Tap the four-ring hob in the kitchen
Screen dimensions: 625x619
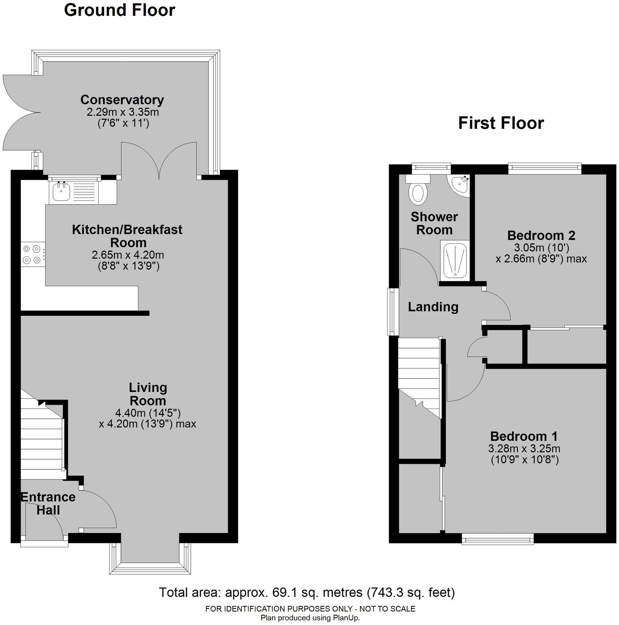(x=32, y=254)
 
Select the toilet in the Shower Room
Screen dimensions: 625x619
(x=418, y=193)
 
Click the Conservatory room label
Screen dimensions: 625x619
(x=122, y=100)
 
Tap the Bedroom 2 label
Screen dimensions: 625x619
(x=541, y=236)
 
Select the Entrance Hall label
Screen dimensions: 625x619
(x=48, y=503)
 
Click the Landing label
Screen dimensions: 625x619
(x=433, y=307)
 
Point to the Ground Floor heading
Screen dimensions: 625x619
(x=119, y=10)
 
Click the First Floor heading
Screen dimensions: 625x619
(x=501, y=123)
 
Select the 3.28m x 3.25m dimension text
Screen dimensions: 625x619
(x=524, y=448)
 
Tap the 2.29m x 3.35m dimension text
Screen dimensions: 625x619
(x=123, y=112)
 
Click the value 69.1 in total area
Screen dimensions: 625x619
(x=282, y=593)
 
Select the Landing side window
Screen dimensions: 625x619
(x=392, y=312)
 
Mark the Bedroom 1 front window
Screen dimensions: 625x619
(x=497, y=539)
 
